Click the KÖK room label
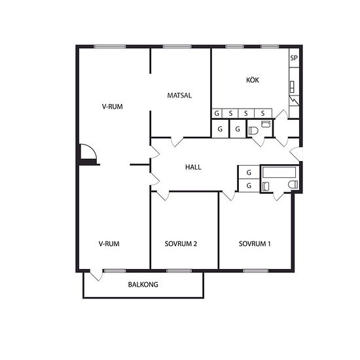pyautogui.click(x=253, y=80)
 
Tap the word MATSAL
pyautogui.click(x=179, y=96)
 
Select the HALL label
pyautogui.click(x=193, y=167)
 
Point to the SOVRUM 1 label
pyautogui.click(x=255, y=243)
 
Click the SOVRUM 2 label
pyautogui.click(x=181, y=243)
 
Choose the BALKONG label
pyautogui.click(x=143, y=285)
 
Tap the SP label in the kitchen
pyautogui.click(x=294, y=58)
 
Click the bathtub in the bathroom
pyautogui.click(x=279, y=172)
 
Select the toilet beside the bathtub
pyautogui.click(x=293, y=185)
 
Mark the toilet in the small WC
pyautogui.click(x=253, y=131)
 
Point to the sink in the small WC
pyautogui.click(x=266, y=124)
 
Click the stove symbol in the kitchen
pyautogui.click(x=292, y=87)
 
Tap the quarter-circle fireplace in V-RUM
pyautogui.click(x=88, y=152)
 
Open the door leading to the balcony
pyautogui.click(x=96, y=276)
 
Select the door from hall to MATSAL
pyautogui.click(x=177, y=141)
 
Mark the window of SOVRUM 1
pyautogui.click(x=255, y=271)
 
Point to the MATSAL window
pyautogui.click(x=177, y=46)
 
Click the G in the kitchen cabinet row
pyautogui.click(x=217, y=113)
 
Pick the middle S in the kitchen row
pyautogui.click(x=246, y=113)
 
